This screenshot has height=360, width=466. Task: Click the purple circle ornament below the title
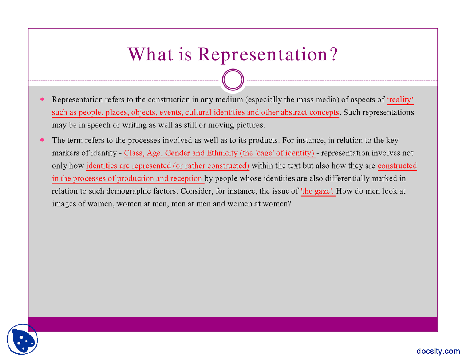[x=233, y=80]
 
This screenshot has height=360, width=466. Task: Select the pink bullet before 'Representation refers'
[x=42, y=99]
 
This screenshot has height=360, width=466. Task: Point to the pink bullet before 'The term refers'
[x=42, y=140]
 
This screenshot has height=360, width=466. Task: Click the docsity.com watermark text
[x=438, y=351]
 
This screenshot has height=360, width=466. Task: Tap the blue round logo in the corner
[x=23, y=339]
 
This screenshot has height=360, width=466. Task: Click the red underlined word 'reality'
[x=400, y=100]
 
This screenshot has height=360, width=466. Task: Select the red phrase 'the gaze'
[x=317, y=191]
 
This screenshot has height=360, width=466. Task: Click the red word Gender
[x=177, y=153]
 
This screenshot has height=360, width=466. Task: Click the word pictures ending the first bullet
[x=250, y=125]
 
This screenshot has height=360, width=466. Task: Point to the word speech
[x=99, y=125]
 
